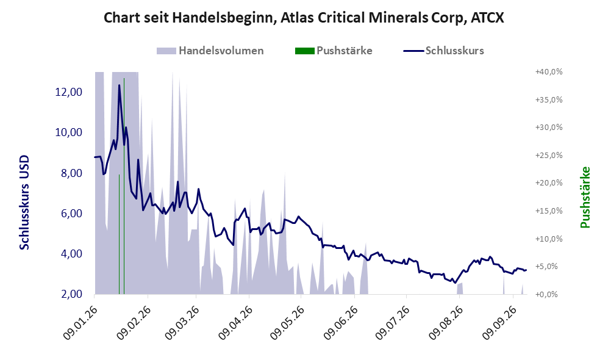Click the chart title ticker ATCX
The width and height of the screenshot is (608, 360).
coord(487,18)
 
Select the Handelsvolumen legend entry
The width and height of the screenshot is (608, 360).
coord(210,51)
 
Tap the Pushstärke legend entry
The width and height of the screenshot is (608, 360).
coord(334,51)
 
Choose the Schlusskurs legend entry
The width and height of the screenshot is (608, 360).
coord(443,51)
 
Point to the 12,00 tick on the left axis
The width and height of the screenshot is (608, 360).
coord(69,92)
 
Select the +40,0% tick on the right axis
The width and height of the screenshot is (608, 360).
coord(549,72)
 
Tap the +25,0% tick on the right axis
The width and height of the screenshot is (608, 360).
coord(549,155)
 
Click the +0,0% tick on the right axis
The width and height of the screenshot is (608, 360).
coord(547,295)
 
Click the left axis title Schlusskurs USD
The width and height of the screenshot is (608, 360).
coord(24,203)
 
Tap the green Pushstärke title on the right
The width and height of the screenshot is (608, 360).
coord(585,198)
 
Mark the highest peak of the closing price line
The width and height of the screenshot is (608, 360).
coord(119,85)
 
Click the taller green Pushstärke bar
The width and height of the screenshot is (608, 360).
coord(124,186)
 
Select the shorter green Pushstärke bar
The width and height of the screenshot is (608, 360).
coord(119,234)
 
